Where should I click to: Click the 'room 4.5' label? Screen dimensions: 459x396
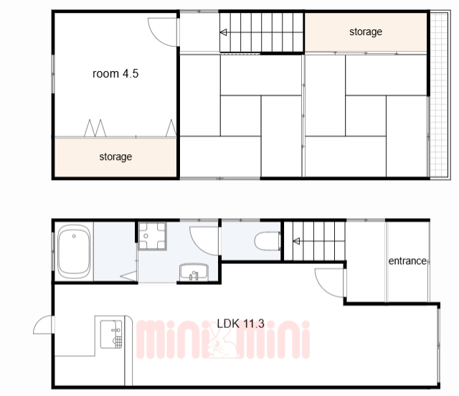[x=115, y=73]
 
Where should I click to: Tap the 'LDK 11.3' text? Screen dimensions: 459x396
[x=241, y=324]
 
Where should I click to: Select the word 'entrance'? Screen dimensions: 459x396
[x=407, y=260]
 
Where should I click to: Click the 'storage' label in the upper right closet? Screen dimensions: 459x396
[x=366, y=32]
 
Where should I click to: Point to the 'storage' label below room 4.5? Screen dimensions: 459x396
[x=115, y=156]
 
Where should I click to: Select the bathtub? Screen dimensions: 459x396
[x=74, y=251]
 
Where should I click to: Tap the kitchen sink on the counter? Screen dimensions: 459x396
[x=111, y=334]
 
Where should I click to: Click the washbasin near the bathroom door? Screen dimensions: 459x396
[x=194, y=273]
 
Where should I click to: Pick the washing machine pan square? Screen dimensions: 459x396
[x=152, y=236]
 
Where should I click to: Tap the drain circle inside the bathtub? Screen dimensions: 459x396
[x=74, y=236]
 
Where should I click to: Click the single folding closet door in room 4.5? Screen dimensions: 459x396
[x=171, y=128]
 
